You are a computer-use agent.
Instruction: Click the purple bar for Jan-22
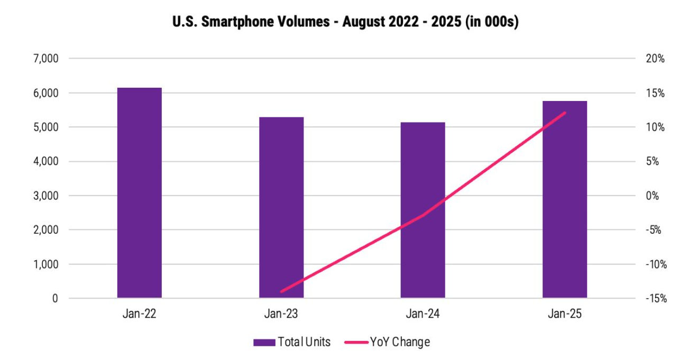tap(140, 193)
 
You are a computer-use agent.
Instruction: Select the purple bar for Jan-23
tap(281, 208)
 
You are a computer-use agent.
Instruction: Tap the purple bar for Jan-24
tap(423, 210)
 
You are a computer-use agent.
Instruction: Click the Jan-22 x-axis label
tap(140, 314)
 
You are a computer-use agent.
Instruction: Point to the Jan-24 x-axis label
tap(423, 314)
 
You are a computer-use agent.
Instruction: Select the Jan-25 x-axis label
tap(565, 314)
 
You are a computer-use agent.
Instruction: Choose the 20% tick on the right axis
tap(655, 59)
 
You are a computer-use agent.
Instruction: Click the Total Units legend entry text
tap(304, 342)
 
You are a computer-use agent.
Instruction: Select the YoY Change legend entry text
tap(400, 342)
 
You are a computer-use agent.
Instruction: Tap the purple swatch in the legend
tap(264, 342)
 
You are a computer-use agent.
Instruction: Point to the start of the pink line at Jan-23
tap(281, 291)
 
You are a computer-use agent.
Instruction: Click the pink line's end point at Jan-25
tap(565, 113)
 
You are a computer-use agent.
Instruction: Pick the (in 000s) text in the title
tap(491, 23)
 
